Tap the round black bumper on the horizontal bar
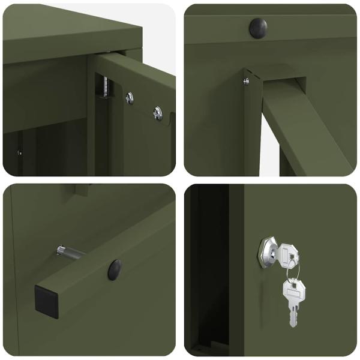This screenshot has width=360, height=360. (114, 270)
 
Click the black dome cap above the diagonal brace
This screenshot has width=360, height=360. (258, 28)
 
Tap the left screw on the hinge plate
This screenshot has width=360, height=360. (130, 98)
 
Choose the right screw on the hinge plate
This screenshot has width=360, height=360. (157, 112)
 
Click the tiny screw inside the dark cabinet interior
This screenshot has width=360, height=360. (19, 152)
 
